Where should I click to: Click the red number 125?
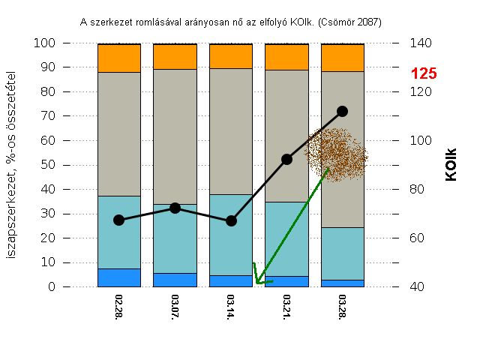pyautogui.click(x=424, y=73)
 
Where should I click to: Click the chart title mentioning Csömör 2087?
pyautogui.click(x=231, y=22)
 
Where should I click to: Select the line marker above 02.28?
pyautogui.click(x=118, y=220)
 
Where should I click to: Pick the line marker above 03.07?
pyautogui.click(x=175, y=208)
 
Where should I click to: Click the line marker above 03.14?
pyautogui.click(x=231, y=220)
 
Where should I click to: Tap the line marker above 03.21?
pyautogui.click(x=286, y=159)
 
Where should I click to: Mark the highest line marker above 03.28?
pyautogui.click(x=342, y=111)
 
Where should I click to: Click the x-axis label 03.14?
pyautogui.click(x=231, y=308)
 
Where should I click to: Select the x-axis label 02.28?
pyautogui.click(x=118, y=308)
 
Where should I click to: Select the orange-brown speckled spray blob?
pyautogui.click(x=338, y=154)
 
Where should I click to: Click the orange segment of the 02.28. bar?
pyautogui.click(x=118, y=58)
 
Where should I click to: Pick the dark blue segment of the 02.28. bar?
pyautogui.click(x=118, y=277)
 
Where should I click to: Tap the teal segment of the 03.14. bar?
pyautogui.click(x=231, y=235)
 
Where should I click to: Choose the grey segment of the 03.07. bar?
pyautogui.click(x=175, y=136)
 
